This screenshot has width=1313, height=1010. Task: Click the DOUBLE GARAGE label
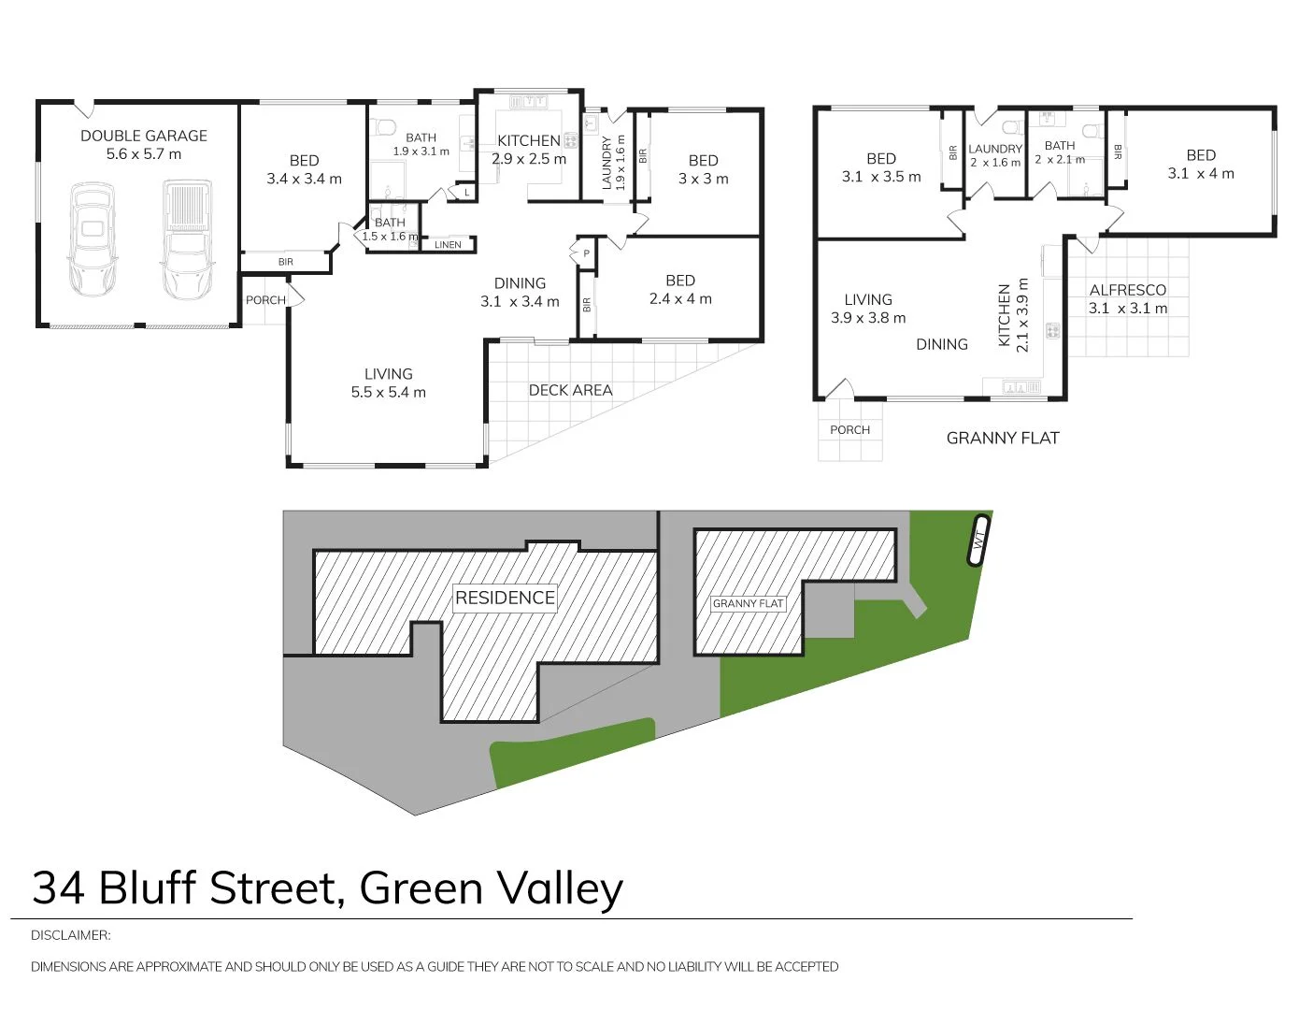coord(144,136)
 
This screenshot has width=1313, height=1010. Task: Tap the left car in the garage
coord(92,240)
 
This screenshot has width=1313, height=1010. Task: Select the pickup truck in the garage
coord(188,240)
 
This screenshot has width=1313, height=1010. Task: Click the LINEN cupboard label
coord(448,245)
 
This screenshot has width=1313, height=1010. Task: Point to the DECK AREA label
coord(570,390)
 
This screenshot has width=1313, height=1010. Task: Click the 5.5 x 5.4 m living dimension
coord(388,393)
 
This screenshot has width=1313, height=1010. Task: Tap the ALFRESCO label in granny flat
coord(1127,290)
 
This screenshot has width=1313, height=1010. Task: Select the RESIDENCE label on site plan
coord(505,598)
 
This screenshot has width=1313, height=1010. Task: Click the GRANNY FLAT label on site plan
coord(748,603)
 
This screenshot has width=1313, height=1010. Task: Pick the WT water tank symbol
coord(978,541)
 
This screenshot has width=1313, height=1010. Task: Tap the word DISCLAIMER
coord(70,935)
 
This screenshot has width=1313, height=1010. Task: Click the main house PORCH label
coord(265,300)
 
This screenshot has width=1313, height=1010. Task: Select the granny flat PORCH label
coord(849,430)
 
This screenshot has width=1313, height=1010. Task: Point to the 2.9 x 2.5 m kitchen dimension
coord(529,159)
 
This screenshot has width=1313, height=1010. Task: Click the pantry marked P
coord(586,253)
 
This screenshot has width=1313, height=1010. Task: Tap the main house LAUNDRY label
coord(607,163)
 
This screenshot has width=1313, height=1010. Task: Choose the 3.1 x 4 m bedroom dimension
coord(1201,174)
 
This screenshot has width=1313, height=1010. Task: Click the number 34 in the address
coord(58,888)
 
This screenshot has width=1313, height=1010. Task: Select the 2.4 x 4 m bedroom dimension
coord(680,299)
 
